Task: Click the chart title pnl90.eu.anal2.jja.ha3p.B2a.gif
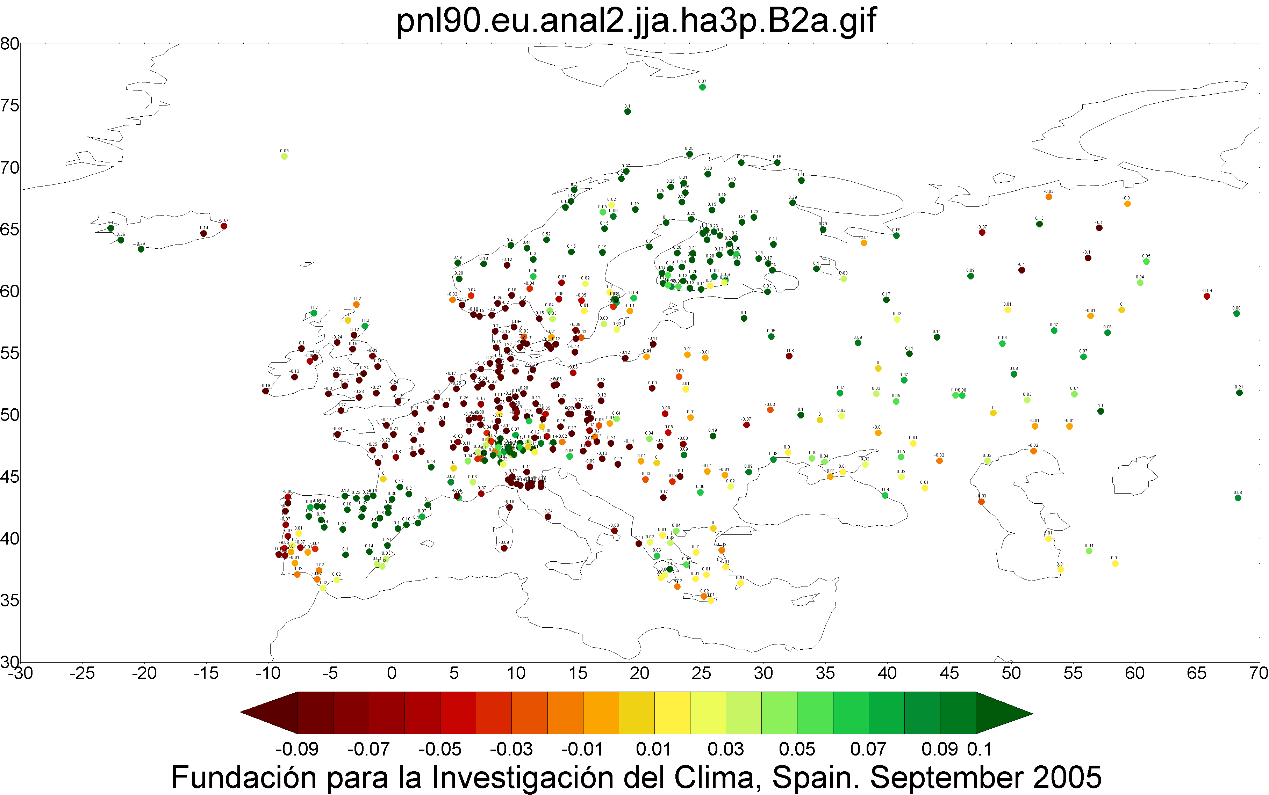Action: (x=636, y=21)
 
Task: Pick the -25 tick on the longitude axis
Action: (x=82, y=673)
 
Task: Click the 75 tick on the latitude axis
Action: (x=9, y=106)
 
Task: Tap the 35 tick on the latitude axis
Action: (x=9, y=600)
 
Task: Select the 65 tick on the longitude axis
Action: (x=1196, y=673)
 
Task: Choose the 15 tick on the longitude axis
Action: (x=578, y=673)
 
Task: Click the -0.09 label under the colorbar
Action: (x=297, y=749)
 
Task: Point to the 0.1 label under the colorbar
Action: (x=980, y=749)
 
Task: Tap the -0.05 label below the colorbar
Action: (x=440, y=749)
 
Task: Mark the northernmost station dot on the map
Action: (x=702, y=87)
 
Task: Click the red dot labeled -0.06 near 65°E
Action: (x=1207, y=297)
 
